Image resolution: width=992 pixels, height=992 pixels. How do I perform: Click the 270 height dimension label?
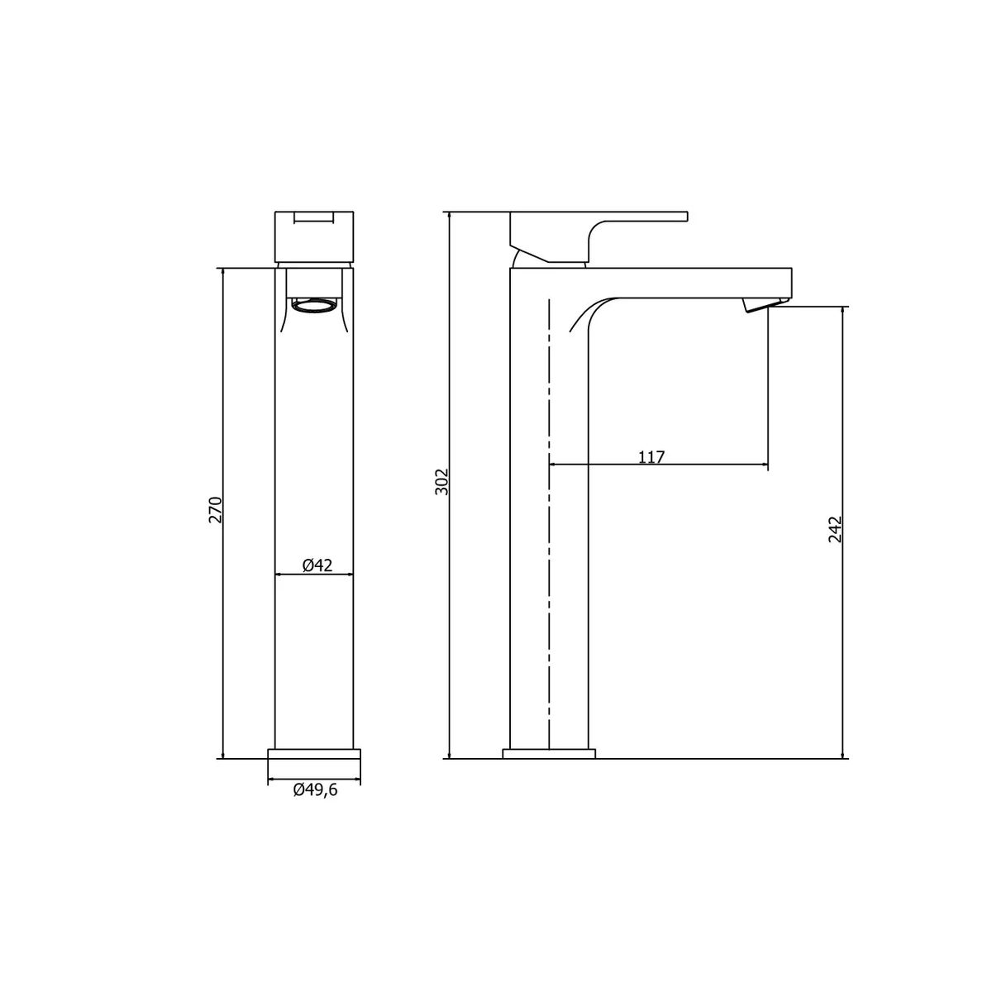(x=215, y=510)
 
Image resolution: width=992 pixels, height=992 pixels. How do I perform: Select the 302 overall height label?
(x=442, y=481)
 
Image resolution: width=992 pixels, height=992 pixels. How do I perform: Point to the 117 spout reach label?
(x=651, y=456)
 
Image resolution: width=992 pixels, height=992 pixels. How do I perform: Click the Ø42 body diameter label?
(x=317, y=565)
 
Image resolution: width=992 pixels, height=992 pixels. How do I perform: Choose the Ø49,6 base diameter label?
(x=316, y=791)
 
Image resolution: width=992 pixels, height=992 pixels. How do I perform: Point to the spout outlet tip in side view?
(x=759, y=308)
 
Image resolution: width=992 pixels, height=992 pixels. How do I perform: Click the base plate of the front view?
(x=315, y=754)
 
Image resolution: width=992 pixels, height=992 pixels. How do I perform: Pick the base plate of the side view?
(x=550, y=753)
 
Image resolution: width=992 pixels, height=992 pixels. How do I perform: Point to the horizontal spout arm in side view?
(x=686, y=282)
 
